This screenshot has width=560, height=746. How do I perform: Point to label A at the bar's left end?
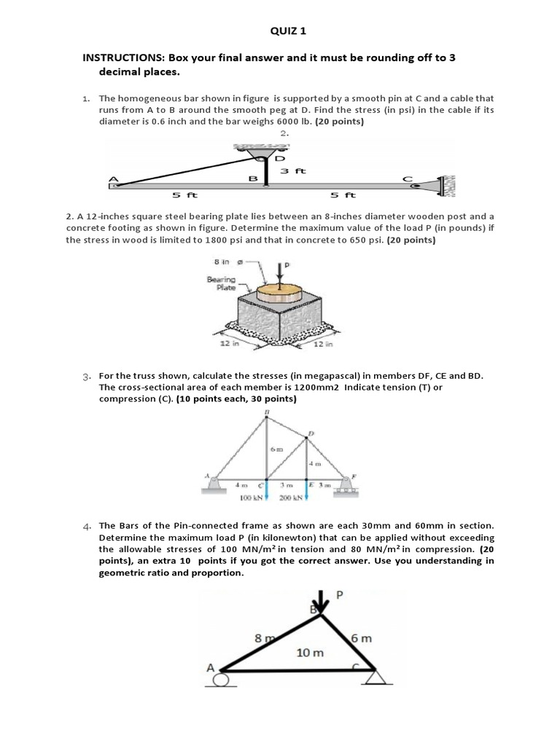pyautogui.click(x=113, y=178)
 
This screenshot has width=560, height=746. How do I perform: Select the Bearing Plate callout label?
pyautogui.click(x=220, y=283)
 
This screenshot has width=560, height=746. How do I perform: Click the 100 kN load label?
pyautogui.click(x=252, y=498)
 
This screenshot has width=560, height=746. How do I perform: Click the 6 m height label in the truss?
pyautogui.click(x=276, y=449)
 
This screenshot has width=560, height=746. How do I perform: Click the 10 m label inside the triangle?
pyautogui.click(x=310, y=652)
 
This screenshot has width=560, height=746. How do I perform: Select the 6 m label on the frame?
pyautogui.click(x=362, y=638)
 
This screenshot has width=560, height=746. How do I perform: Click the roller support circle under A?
pyautogui.click(x=219, y=681)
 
